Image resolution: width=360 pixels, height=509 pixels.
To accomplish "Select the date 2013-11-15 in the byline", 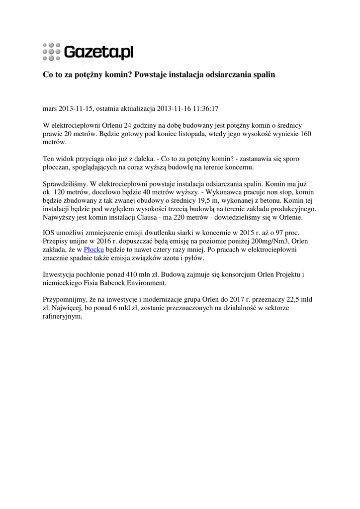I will point(75,108).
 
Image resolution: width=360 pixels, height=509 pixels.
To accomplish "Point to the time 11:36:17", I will point(204,108).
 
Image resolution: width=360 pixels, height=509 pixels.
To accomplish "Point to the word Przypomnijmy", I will point(65,299).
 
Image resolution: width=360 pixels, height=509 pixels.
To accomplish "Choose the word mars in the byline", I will point(51,108).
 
